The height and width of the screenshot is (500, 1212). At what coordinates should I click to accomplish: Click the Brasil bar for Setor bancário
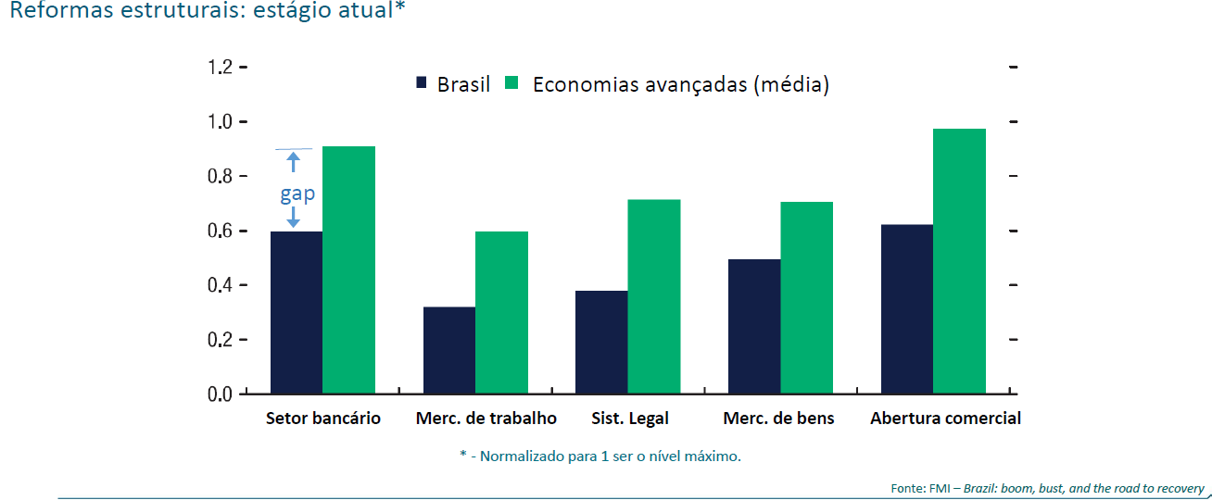(x=297, y=313)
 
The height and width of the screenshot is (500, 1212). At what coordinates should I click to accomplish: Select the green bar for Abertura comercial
(x=959, y=261)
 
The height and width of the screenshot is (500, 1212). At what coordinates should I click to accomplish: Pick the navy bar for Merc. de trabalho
(x=449, y=350)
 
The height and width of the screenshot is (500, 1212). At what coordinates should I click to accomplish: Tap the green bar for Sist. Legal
(x=653, y=296)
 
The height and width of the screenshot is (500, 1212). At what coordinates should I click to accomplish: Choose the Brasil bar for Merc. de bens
(x=754, y=326)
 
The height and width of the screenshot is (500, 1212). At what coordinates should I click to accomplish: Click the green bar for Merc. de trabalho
(x=501, y=313)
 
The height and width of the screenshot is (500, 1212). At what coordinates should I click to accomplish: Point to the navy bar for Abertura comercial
(x=907, y=309)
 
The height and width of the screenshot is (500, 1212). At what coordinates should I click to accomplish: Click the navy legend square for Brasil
(x=421, y=83)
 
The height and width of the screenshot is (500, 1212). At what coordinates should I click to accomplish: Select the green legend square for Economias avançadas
(x=511, y=83)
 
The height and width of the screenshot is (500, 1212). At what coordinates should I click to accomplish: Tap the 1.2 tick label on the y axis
(x=221, y=68)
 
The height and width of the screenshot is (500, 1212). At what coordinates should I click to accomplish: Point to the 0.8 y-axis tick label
(x=221, y=176)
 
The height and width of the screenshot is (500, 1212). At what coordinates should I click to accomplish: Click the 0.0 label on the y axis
(x=221, y=394)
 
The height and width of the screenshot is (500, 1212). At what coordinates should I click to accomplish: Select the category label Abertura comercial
(x=945, y=419)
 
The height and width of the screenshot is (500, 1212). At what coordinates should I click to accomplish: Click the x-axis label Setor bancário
(x=322, y=419)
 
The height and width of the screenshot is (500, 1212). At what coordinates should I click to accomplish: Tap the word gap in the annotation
(x=297, y=194)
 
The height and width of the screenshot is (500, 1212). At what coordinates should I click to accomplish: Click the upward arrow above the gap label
(x=294, y=163)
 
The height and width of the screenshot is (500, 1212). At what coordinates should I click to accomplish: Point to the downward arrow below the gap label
(x=294, y=218)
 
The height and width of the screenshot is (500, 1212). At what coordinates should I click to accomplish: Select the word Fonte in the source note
(x=905, y=489)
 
